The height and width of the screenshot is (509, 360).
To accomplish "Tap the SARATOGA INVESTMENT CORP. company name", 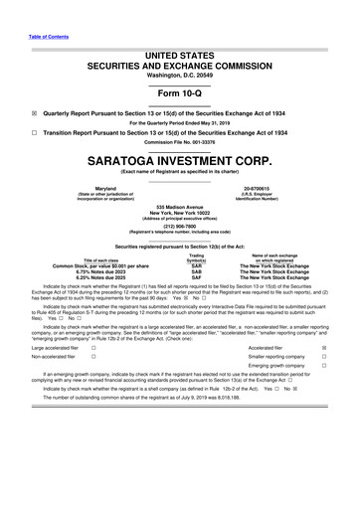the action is (x=179, y=186).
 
